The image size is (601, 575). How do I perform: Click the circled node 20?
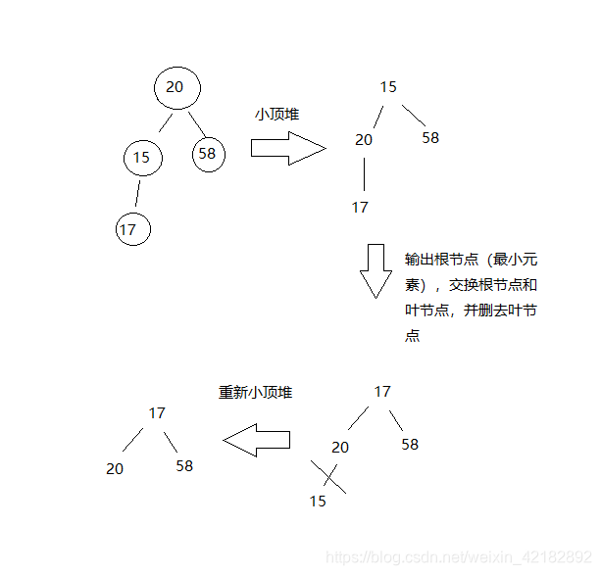click(176, 88)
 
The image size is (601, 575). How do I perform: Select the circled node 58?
click(208, 154)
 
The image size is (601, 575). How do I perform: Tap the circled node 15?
click(143, 157)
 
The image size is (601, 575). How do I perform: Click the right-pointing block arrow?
click(287, 148)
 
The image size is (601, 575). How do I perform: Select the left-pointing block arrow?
click(257, 440)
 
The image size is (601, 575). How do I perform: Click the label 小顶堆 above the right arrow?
click(276, 115)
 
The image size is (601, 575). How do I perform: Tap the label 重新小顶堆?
click(255, 393)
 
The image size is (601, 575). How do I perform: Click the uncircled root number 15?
click(388, 87)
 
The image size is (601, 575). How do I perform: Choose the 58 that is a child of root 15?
click(430, 138)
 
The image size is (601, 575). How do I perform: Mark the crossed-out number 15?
click(318, 501)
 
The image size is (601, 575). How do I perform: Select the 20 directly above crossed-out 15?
click(340, 448)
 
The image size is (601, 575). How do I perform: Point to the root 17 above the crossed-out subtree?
click(382, 392)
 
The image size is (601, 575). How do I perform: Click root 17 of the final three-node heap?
click(157, 413)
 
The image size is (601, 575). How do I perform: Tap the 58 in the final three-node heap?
click(184, 466)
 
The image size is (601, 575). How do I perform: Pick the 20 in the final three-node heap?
click(115, 469)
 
